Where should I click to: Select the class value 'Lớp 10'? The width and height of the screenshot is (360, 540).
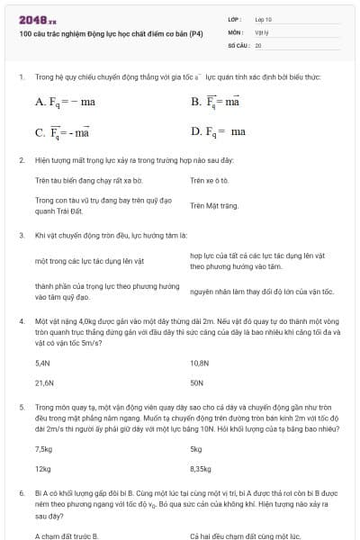click(x=264, y=18)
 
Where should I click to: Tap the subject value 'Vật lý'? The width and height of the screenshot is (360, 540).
click(x=263, y=31)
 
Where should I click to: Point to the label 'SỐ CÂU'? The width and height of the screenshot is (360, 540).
click(x=238, y=44)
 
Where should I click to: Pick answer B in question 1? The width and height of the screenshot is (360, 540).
click(x=215, y=102)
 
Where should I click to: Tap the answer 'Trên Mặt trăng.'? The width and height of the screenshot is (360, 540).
click(x=213, y=205)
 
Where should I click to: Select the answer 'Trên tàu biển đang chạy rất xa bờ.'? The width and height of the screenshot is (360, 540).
click(x=76, y=180)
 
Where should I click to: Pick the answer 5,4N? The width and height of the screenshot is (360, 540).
click(x=42, y=363)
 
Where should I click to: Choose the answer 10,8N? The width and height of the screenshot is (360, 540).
click(x=199, y=363)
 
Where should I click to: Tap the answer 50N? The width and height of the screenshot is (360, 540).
click(x=196, y=382)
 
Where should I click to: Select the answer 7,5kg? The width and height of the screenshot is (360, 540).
click(x=43, y=448)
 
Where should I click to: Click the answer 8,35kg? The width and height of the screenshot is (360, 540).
click(x=201, y=469)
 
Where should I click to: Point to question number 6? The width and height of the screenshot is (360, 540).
click(x=21, y=494)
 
